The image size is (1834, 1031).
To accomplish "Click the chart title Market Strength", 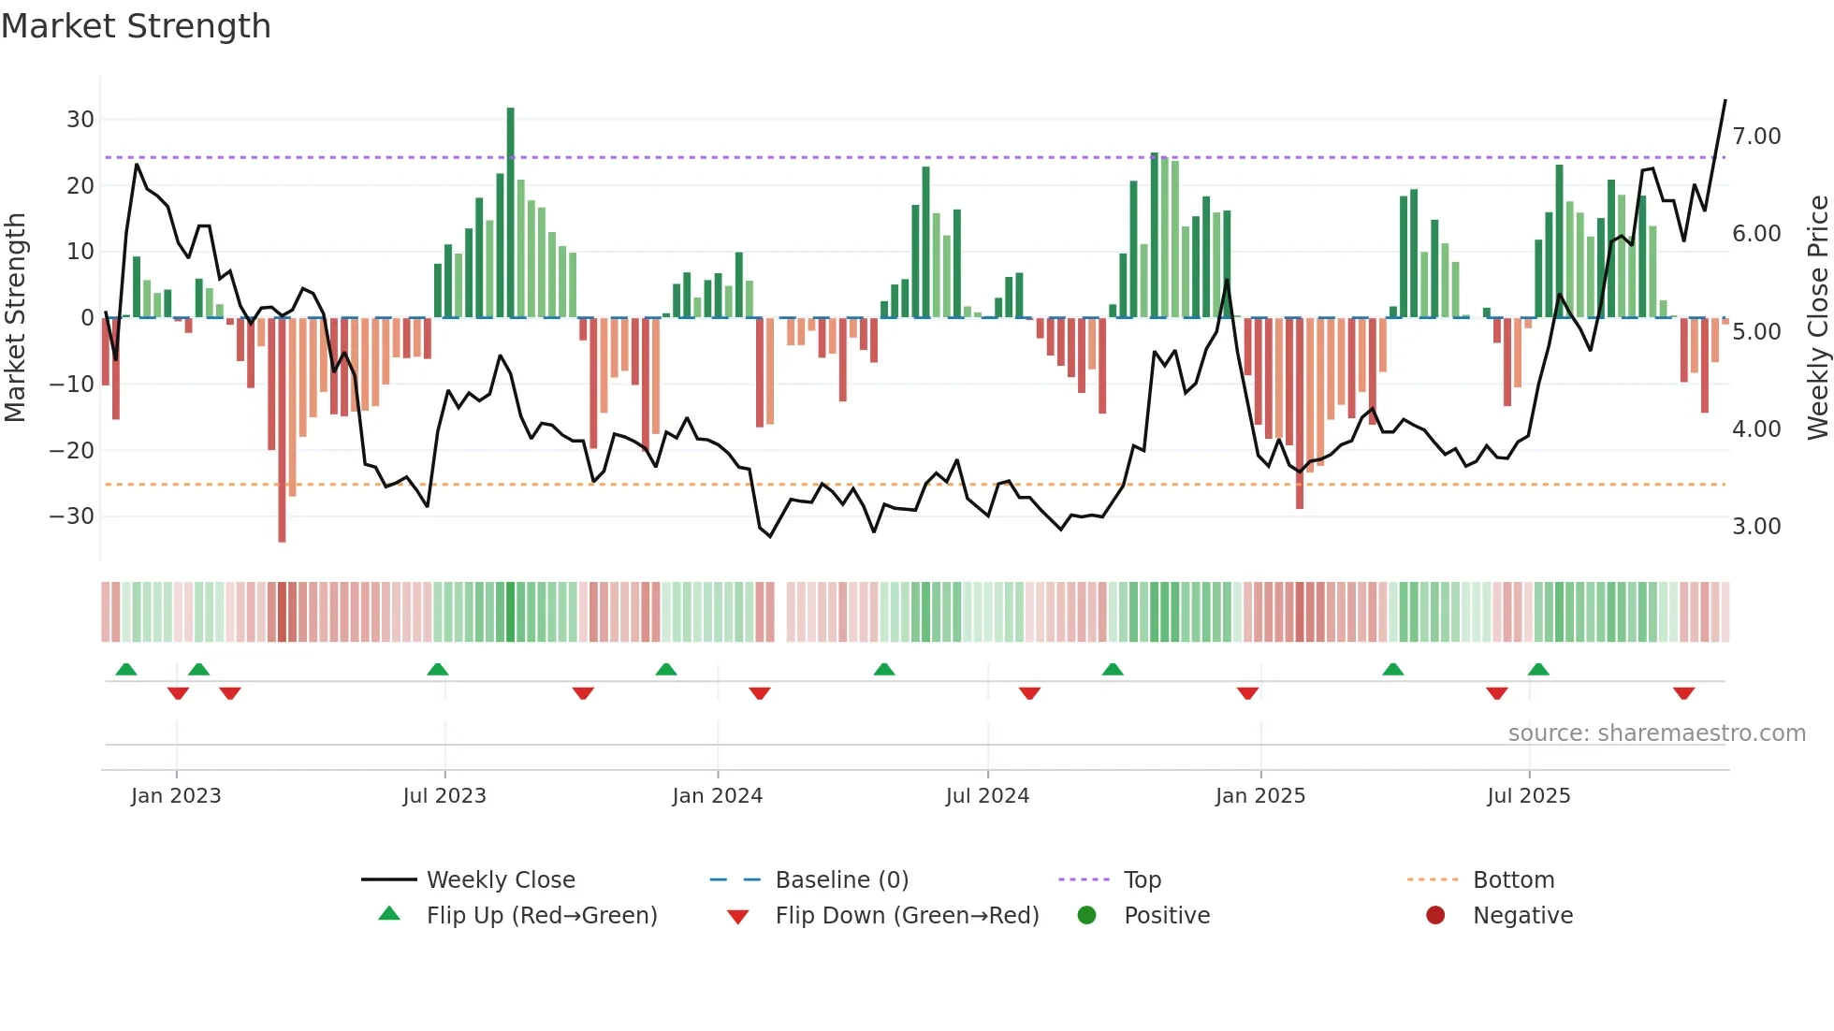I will [x=136, y=26].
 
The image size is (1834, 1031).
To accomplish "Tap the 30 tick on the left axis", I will [x=80, y=120].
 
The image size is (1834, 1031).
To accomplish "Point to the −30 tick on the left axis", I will [x=73, y=516].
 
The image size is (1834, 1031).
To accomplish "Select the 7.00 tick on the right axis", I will [x=1756, y=137].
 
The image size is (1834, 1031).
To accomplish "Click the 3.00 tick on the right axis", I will [x=1756, y=527].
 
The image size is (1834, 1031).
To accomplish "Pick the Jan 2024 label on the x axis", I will [x=717, y=796].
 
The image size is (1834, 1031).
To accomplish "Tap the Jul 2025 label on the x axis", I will [x=1528, y=796].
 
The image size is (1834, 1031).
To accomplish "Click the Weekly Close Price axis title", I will [x=1817, y=318].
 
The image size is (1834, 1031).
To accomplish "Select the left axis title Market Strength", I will [x=15, y=318].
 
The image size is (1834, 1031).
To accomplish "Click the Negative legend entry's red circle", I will [x=1435, y=916].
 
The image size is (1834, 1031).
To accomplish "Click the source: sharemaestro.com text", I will [x=1656, y=733].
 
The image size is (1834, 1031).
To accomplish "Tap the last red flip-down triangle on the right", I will [x=1683, y=693].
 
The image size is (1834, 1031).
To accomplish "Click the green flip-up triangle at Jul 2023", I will [x=437, y=669].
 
